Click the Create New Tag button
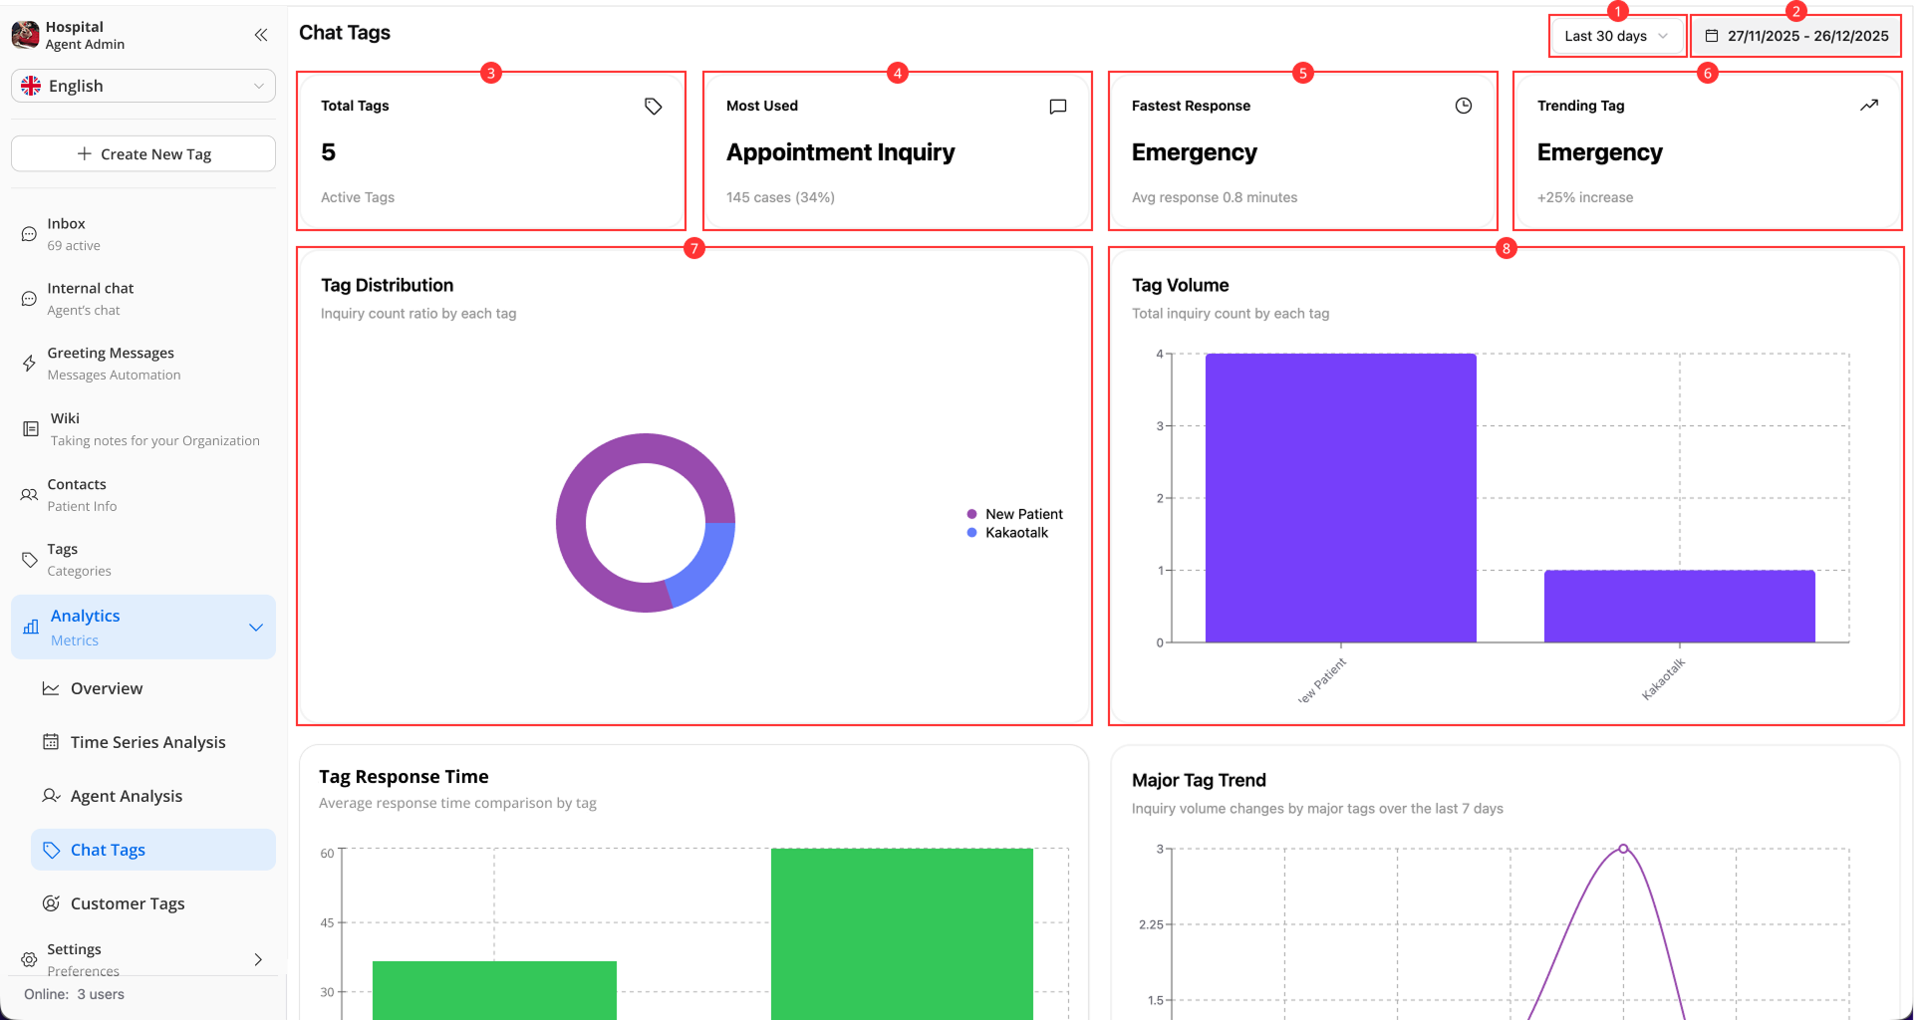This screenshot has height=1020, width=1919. click(x=143, y=154)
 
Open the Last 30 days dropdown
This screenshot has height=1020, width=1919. click(x=1615, y=36)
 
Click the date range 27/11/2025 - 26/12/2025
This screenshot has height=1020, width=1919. click(x=1796, y=36)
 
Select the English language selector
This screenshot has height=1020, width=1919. click(x=143, y=86)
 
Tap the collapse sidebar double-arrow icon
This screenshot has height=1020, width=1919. click(x=261, y=35)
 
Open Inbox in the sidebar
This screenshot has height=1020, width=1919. click(x=67, y=234)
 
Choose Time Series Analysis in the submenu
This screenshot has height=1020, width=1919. click(x=147, y=742)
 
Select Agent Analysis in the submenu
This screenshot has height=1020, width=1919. click(x=127, y=796)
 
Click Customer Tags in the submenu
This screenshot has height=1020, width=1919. click(x=128, y=903)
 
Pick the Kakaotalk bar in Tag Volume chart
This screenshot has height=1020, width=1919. click(x=1679, y=607)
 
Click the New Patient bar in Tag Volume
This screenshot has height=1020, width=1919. click(x=1340, y=498)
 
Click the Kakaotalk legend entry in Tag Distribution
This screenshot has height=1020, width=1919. click(x=1015, y=533)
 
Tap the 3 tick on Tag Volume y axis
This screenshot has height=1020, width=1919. click(x=1160, y=426)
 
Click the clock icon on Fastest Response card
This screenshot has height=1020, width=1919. click(x=1463, y=106)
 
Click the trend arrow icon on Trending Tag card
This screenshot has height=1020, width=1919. click(x=1869, y=106)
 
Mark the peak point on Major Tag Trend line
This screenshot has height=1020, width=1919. click(x=1623, y=849)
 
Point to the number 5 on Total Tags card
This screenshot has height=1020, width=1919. click(x=328, y=152)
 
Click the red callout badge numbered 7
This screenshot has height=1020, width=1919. click(x=694, y=249)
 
